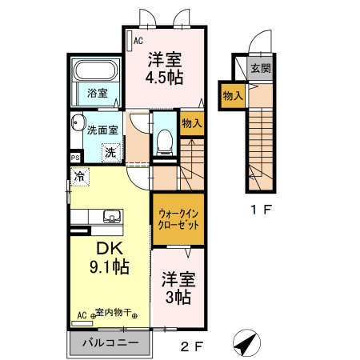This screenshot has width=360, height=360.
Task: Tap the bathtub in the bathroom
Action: tap(97, 71)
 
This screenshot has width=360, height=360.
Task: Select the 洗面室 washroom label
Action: tap(102, 129)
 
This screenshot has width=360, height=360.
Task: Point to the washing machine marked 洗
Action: tap(110, 150)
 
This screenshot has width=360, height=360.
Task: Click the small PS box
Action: tap(74, 158)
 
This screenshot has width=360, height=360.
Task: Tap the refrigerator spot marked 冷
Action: tap(80, 175)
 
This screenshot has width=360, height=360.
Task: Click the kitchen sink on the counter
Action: tap(111, 215)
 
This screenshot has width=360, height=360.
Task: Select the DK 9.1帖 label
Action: tap(108, 256)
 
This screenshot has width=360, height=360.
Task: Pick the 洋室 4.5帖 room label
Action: tap(163, 68)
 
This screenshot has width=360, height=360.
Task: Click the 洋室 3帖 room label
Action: tap(178, 288)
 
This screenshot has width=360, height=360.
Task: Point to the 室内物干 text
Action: tap(113, 313)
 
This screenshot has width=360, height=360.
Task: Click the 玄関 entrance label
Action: tap(260, 68)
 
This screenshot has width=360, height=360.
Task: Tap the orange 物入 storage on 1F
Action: tap(233, 96)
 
